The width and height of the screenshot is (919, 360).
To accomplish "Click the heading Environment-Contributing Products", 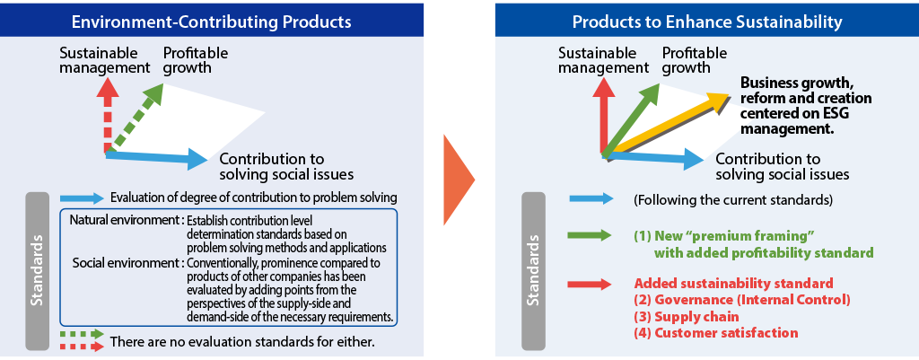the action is (x=211, y=22).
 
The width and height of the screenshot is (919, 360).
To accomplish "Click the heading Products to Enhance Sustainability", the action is (x=707, y=22).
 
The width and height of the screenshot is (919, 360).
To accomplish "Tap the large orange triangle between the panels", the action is (x=459, y=180).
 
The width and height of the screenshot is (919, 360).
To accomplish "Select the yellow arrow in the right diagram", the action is (x=667, y=126).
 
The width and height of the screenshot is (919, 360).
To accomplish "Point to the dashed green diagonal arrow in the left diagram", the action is (x=136, y=118).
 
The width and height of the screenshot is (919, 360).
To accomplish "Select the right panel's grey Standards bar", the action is (x=533, y=271).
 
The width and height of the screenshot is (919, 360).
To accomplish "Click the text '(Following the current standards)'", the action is (x=732, y=199).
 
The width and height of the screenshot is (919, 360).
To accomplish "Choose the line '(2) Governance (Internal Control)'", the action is (x=741, y=300).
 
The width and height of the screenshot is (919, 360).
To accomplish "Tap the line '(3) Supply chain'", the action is (x=687, y=317).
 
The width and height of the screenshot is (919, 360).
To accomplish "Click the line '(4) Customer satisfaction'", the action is (x=715, y=333).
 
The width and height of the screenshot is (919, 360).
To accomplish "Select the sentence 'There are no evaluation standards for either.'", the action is (x=241, y=341).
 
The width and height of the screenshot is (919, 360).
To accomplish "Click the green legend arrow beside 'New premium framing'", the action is (x=591, y=236).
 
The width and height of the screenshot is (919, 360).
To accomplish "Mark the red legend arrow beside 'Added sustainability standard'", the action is (x=591, y=285).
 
